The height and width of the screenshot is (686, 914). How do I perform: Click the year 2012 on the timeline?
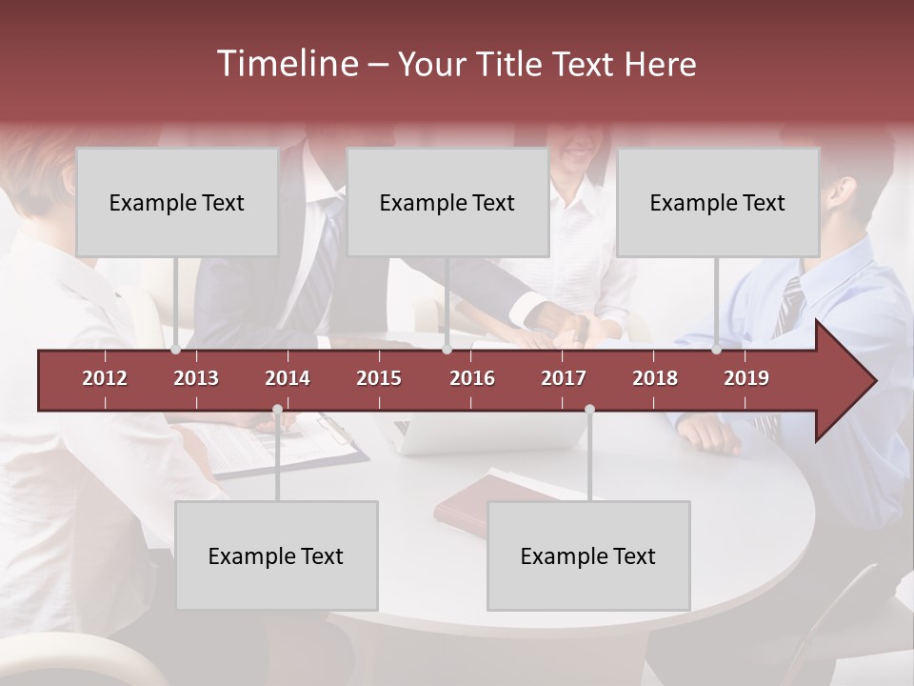pos(105,378)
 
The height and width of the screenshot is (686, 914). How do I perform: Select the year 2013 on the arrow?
pos(196,378)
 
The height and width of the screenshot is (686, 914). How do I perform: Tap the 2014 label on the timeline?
pos(288,378)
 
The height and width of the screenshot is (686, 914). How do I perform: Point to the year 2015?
pos(379,378)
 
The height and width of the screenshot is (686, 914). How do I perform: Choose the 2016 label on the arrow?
pos(472,378)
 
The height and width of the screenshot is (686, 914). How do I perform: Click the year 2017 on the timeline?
pos(564,378)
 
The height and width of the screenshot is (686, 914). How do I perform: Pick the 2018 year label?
pos(655,378)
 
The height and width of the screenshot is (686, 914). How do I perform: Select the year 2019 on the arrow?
pos(746,378)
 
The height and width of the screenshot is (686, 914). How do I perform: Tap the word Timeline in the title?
pos(287,64)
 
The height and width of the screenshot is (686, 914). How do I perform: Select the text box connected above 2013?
pos(177,202)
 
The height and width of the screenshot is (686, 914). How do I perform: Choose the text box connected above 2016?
pos(447,202)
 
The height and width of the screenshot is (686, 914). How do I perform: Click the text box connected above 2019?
pos(718,202)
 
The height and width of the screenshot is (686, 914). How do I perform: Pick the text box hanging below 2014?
pos(276,555)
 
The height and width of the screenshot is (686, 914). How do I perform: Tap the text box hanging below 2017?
pos(588,555)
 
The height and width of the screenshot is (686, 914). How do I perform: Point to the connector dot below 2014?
pos(277,410)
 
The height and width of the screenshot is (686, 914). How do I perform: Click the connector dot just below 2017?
pos(589,410)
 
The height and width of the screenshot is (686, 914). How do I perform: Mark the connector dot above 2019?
pos(716,350)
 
